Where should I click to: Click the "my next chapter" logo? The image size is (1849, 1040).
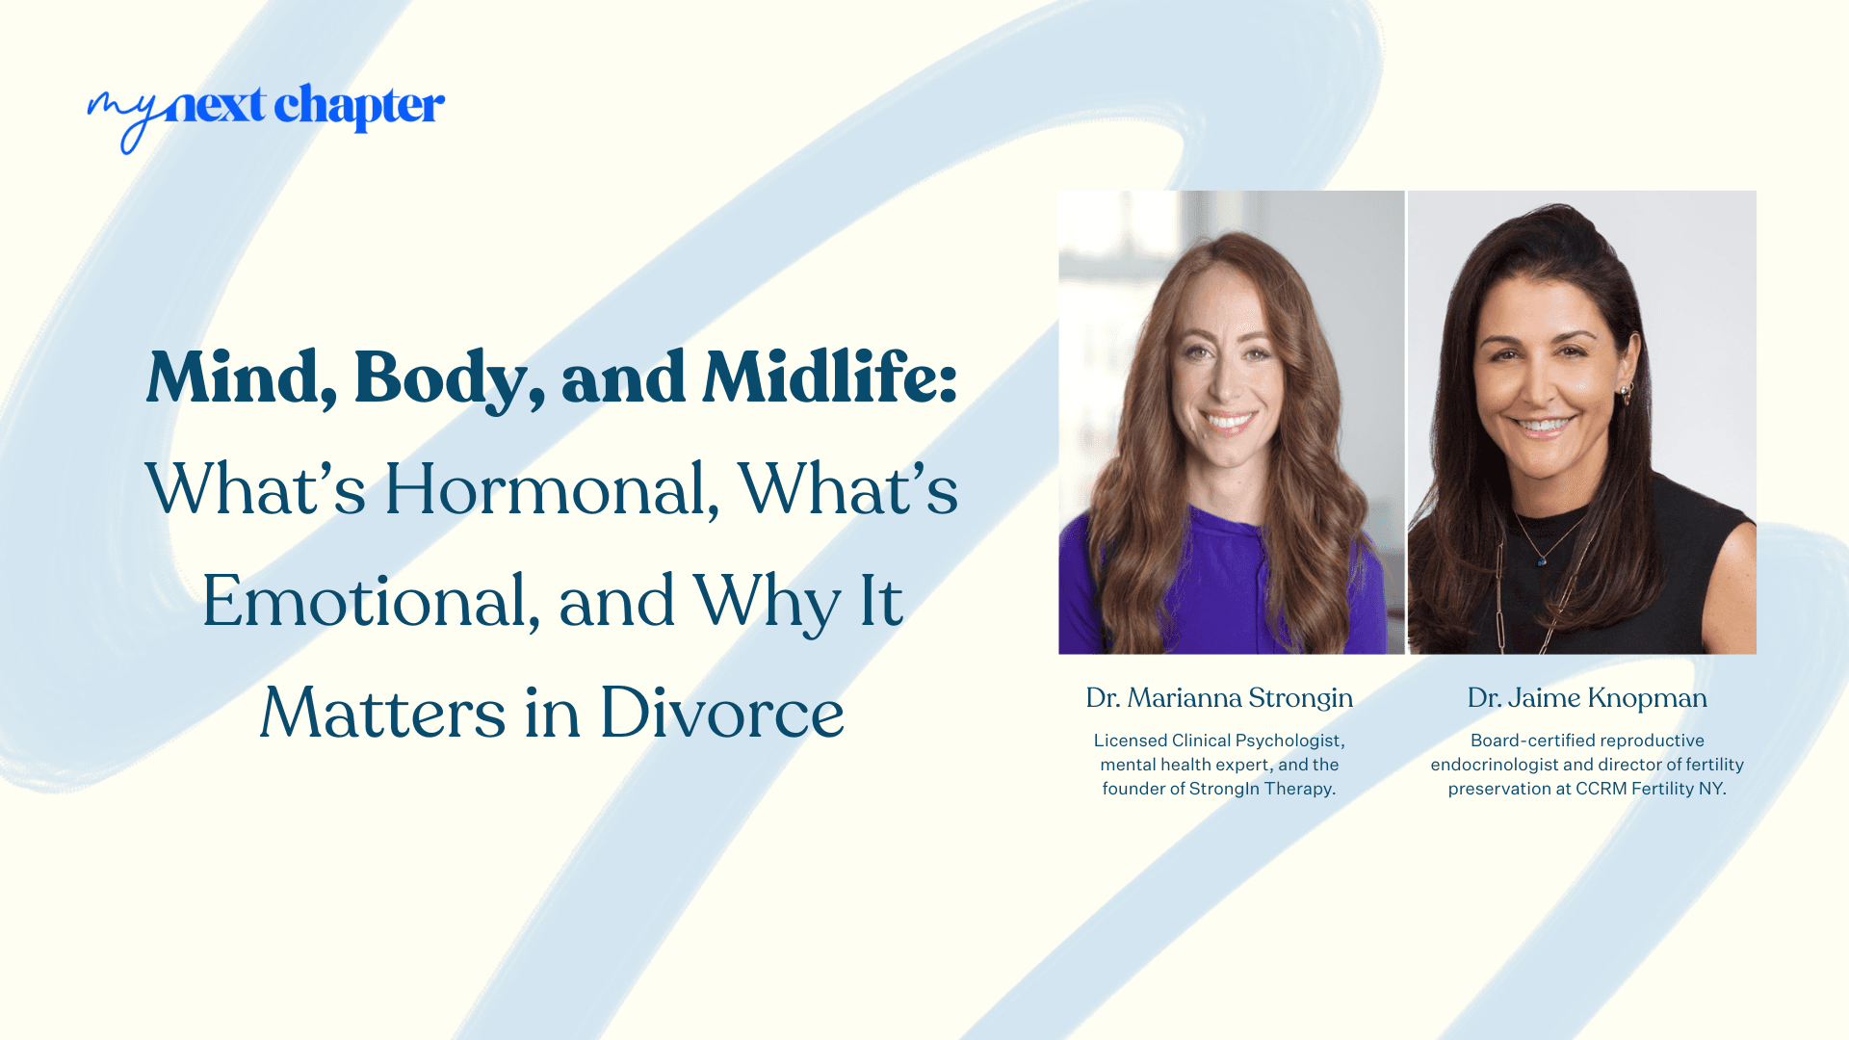[266, 111]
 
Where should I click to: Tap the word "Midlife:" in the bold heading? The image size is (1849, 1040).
[829, 377]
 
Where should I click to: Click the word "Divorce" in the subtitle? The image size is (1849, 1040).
[721, 714]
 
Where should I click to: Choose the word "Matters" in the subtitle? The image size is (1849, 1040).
[382, 714]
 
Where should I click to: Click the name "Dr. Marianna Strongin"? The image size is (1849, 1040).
[1219, 698]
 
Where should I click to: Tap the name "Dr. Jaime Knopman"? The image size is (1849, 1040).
[1587, 698]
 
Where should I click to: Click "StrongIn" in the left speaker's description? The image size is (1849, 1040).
[1224, 789]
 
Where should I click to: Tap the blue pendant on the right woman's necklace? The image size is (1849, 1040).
[1543, 560]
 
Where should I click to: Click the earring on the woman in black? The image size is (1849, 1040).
[1627, 394]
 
